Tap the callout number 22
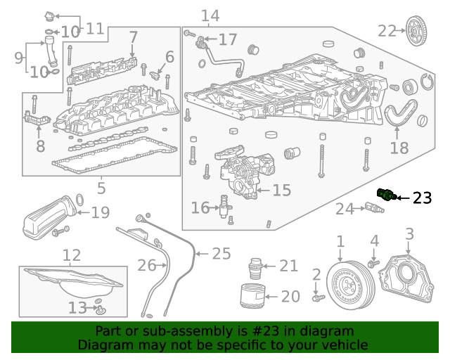click(387, 30)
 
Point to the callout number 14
click(210, 15)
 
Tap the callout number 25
click(221, 254)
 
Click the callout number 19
click(101, 212)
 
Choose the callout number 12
click(72, 255)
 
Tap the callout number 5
click(101, 188)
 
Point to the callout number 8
click(40, 146)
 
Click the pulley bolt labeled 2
click(318, 298)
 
